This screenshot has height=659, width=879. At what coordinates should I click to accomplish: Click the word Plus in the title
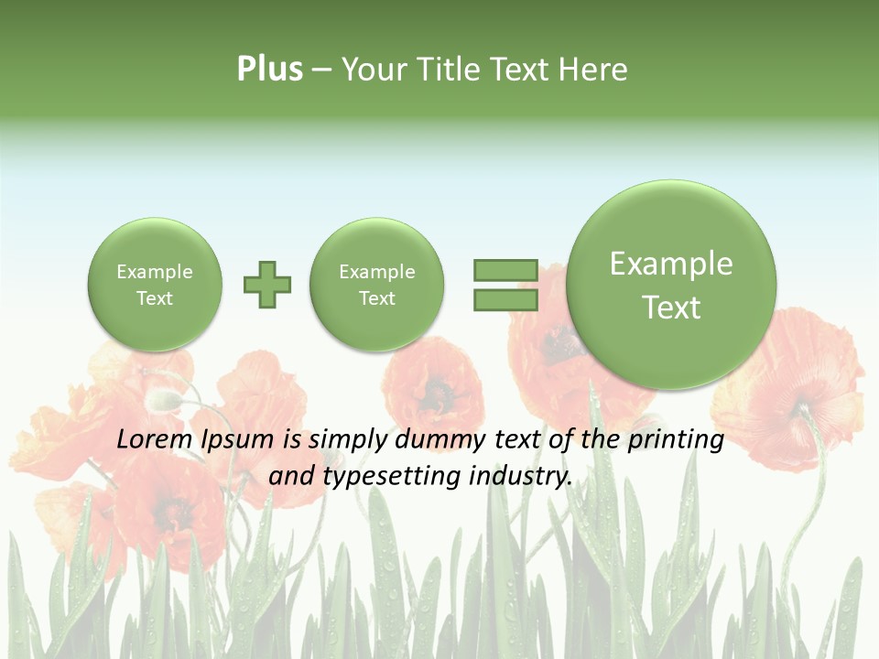(269, 70)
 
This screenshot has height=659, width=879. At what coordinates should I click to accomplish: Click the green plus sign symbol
(267, 285)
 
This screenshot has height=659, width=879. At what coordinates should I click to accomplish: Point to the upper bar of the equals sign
(505, 270)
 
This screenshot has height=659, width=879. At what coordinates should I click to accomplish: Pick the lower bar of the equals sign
(505, 300)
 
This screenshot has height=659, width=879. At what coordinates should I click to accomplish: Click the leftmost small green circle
(155, 285)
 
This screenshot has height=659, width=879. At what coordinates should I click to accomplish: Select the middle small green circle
(377, 285)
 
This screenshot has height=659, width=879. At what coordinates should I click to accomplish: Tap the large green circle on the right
(671, 285)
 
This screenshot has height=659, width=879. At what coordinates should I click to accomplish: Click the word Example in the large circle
(671, 264)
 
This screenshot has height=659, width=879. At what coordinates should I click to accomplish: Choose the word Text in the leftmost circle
(155, 298)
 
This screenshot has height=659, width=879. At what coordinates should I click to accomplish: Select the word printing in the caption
(677, 440)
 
